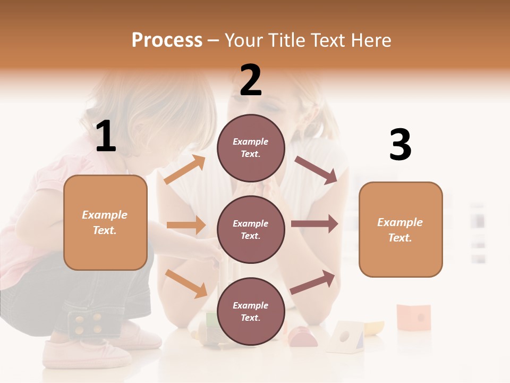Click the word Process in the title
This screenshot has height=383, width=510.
167,40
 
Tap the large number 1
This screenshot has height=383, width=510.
106,137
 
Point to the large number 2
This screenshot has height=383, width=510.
251,80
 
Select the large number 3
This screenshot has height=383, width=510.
400,145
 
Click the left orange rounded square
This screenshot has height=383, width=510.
105,222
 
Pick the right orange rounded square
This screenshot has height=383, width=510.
401,229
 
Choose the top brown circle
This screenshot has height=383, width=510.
251,148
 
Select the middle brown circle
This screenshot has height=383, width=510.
251,229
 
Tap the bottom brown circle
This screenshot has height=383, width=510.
251,311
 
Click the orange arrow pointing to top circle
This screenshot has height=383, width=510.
185,170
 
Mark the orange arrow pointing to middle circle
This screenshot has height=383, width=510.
186,225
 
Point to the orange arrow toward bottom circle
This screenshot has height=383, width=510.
186,283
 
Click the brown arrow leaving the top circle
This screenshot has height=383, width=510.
316,170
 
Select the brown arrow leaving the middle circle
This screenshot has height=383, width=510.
314,223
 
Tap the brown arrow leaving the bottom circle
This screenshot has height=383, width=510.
312,282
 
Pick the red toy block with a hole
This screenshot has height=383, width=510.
413,317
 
